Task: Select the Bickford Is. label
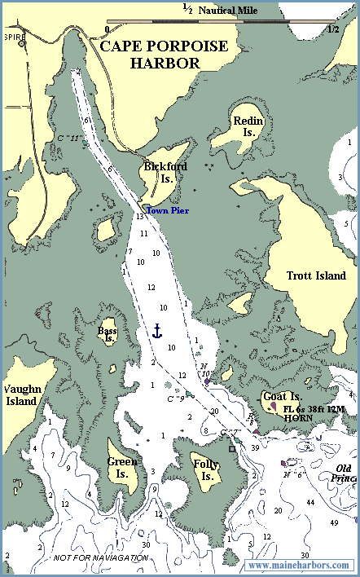coord(160,173)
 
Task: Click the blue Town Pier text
coord(167,211)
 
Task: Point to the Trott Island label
coord(317,275)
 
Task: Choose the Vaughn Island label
coord(20,395)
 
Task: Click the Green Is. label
coord(121,467)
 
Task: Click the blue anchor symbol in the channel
coord(158,330)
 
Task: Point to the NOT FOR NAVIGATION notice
coord(101,558)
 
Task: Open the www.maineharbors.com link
coord(299,565)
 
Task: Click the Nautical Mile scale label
coord(231,11)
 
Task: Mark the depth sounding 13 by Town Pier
coord(140,217)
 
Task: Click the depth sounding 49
coord(334,522)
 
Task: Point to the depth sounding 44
coord(310,503)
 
